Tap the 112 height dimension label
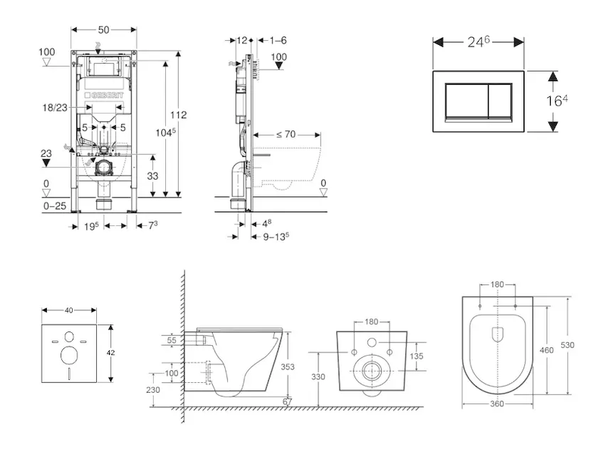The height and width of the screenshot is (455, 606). coord(178,115)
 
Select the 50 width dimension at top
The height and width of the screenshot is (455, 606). coord(104,29)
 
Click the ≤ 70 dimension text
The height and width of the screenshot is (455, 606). coord(286,134)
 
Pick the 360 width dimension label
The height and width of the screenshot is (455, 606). coord(497,404)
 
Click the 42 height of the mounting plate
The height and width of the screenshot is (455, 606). coord(111,353)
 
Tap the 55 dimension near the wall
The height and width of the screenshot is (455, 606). coord(170,342)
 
